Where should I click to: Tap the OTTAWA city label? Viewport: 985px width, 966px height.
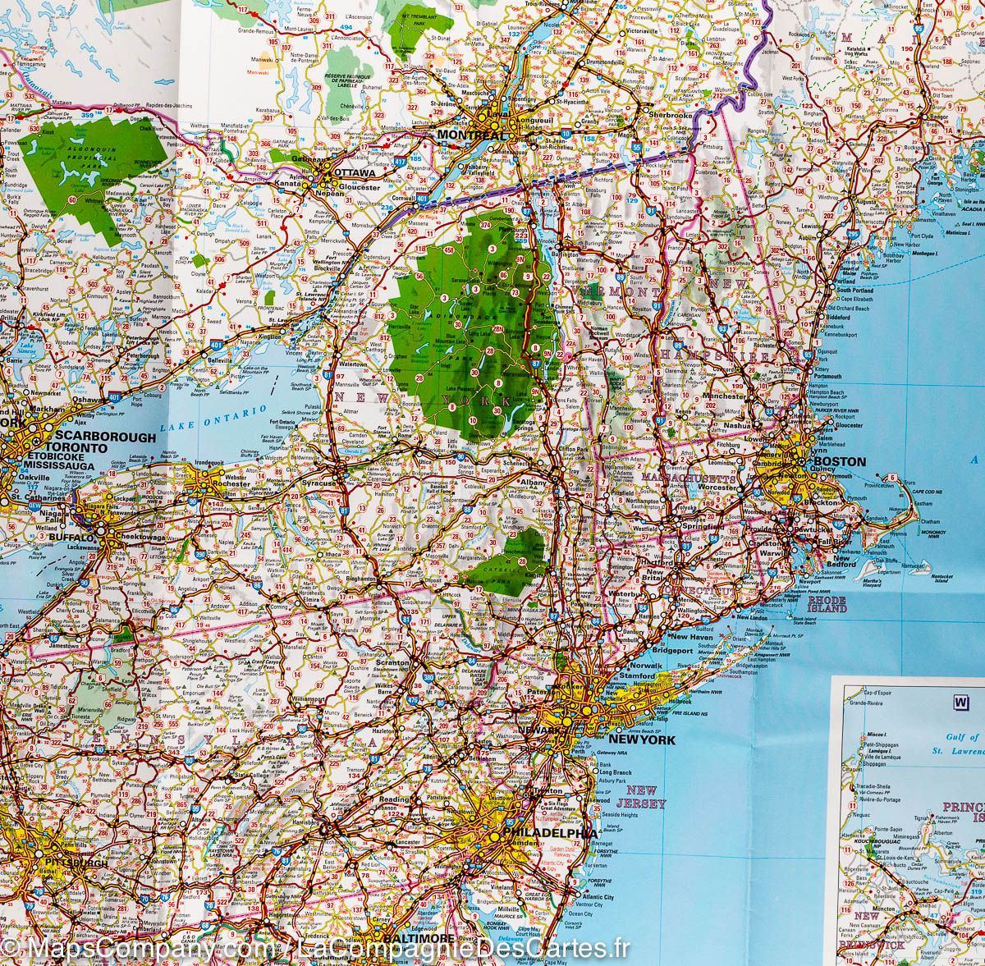point(358,174)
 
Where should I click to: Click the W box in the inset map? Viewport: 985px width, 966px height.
point(958,702)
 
